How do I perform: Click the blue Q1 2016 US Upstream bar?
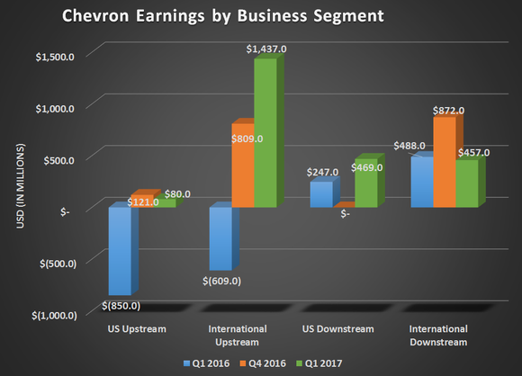[120, 251]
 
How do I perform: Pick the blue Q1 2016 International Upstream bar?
[220, 238]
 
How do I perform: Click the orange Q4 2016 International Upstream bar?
[242, 166]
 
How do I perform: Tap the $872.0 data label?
[447, 111]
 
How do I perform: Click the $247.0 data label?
[320, 172]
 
